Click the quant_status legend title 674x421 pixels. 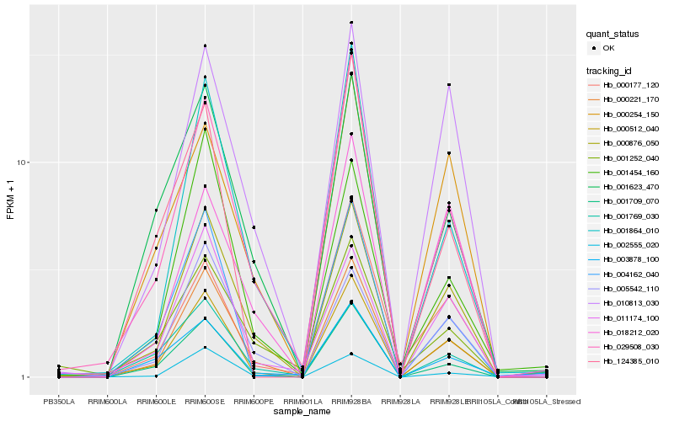(x=612, y=35)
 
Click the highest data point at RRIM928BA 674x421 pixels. (x=351, y=23)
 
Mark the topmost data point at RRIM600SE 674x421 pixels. (x=205, y=45)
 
